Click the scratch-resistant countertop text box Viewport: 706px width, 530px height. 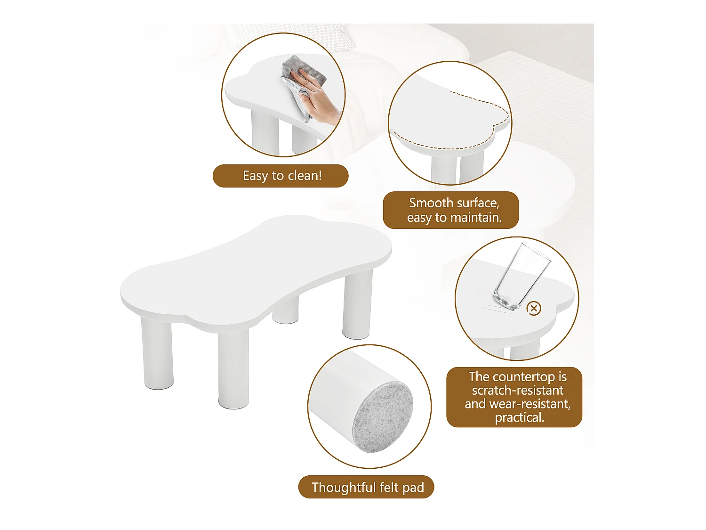click(514, 397)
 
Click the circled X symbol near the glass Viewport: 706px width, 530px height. click(534, 309)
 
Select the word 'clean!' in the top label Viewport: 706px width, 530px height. click(305, 176)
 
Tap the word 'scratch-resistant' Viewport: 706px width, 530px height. click(517, 391)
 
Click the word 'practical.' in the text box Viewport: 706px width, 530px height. click(519, 417)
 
